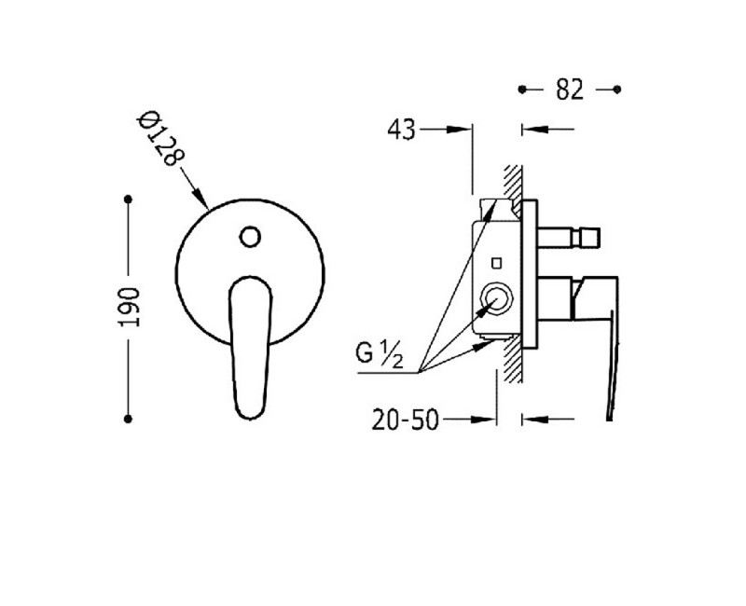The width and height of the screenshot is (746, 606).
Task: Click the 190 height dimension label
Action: click(x=129, y=308)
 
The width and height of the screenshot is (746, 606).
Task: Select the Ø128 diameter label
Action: click(x=160, y=138)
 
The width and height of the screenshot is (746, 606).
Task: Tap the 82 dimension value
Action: click(x=570, y=90)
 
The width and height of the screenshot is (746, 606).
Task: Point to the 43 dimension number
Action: click(x=402, y=130)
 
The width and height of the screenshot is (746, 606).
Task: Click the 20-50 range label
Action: click(x=405, y=420)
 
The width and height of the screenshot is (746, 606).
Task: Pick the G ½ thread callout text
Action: click(x=380, y=354)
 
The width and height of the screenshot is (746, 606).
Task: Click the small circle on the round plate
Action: click(x=250, y=237)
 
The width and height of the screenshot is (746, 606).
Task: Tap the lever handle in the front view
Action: click(x=250, y=347)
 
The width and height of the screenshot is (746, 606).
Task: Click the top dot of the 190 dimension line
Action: click(x=128, y=199)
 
